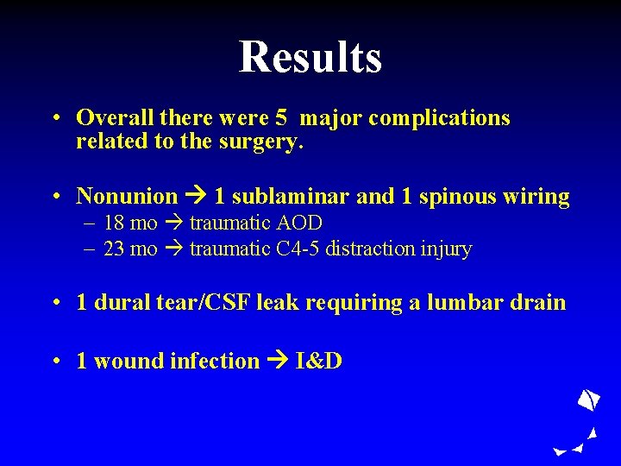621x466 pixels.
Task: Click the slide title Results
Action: tap(310, 57)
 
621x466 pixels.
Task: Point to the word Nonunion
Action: tap(127, 197)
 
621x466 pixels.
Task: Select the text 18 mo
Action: tap(130, 223)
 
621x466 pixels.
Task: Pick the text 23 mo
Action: tap(130, 249)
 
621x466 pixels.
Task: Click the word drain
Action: tap(539, 303)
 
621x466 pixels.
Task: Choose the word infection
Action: tap(213, 361)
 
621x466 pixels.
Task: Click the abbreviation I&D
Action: tap(319, 361)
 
